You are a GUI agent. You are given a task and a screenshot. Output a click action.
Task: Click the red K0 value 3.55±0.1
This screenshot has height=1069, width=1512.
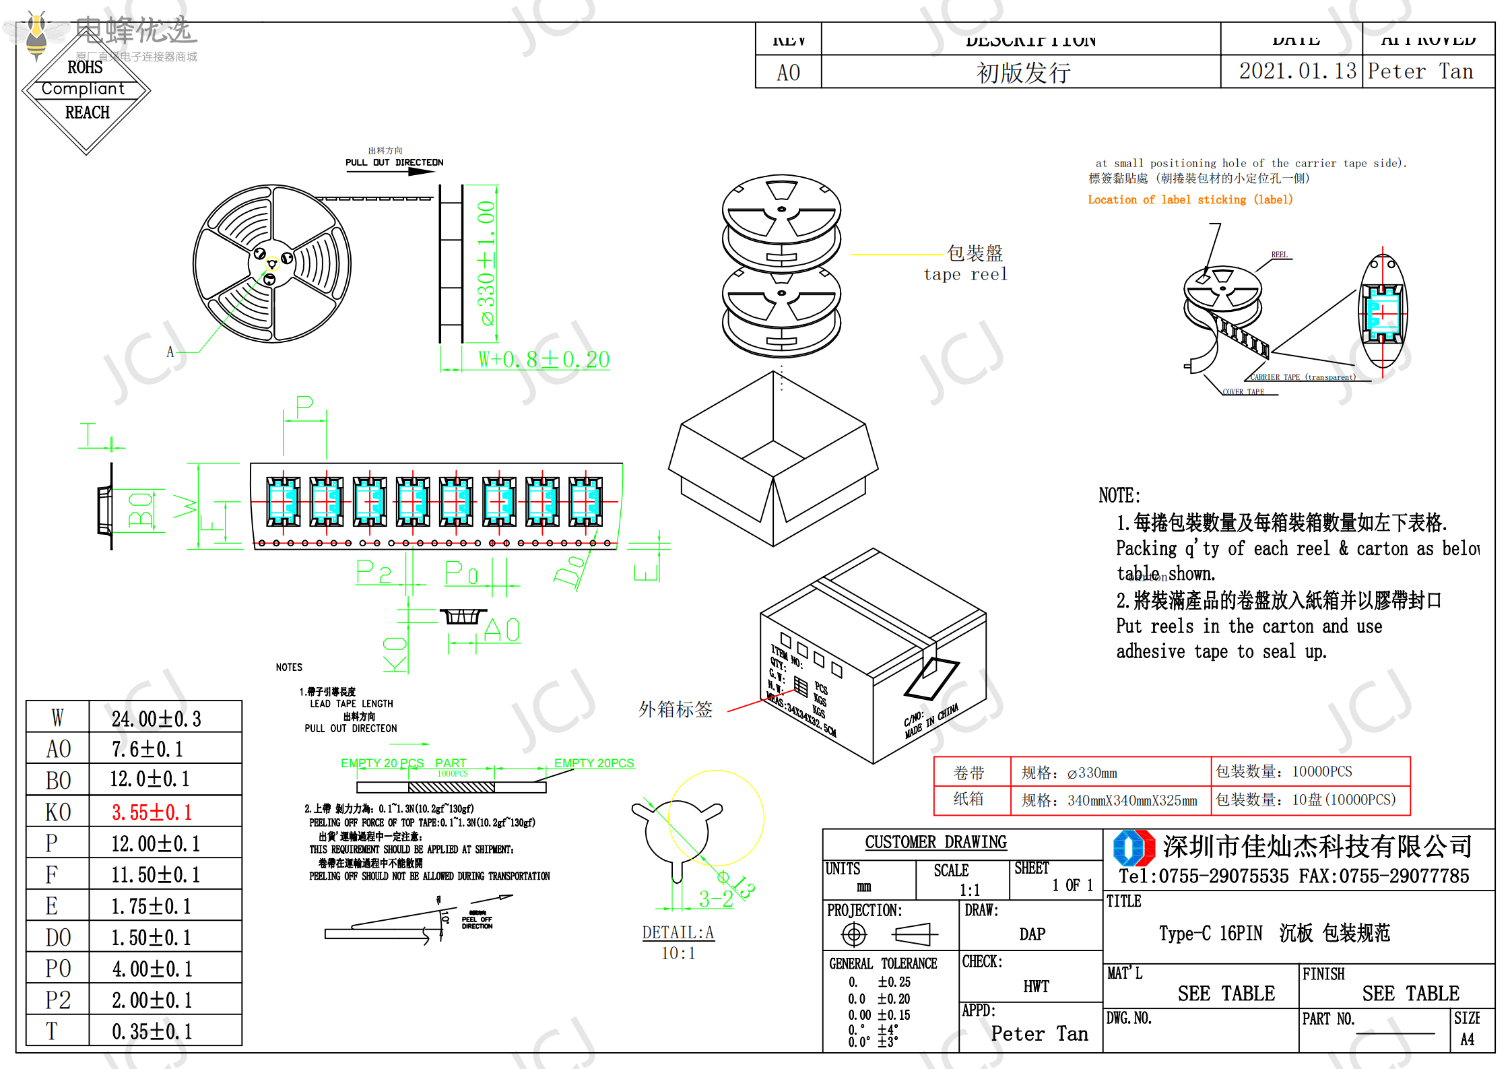[152, 812]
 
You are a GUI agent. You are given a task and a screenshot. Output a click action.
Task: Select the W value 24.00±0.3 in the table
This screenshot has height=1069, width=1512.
[156, 719]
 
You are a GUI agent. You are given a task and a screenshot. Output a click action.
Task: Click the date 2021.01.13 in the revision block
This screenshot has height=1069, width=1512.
[1297, 71]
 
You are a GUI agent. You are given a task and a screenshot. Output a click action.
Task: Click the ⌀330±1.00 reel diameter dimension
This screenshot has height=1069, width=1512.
[486, 263]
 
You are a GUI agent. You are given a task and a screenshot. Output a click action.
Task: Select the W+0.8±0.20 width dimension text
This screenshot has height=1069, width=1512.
[544, 360]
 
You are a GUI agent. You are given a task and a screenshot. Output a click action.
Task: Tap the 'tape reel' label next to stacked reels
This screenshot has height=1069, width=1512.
[965, 274]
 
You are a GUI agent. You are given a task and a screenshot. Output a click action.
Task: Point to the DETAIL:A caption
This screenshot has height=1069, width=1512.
[678, 932]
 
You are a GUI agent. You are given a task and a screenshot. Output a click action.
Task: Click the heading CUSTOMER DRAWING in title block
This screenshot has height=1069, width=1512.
[935, 842]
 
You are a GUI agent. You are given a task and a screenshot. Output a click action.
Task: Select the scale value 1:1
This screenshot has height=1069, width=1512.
[970, 889]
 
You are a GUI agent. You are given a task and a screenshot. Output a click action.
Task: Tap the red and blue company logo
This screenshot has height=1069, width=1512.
[1134, 847]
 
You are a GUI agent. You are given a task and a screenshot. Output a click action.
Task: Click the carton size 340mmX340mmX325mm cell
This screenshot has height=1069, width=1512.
[1131, 800]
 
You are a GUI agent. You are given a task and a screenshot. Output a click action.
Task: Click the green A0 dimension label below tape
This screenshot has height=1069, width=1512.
[502, 630]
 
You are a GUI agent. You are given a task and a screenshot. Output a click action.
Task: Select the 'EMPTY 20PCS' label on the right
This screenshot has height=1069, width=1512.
[594, 763]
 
